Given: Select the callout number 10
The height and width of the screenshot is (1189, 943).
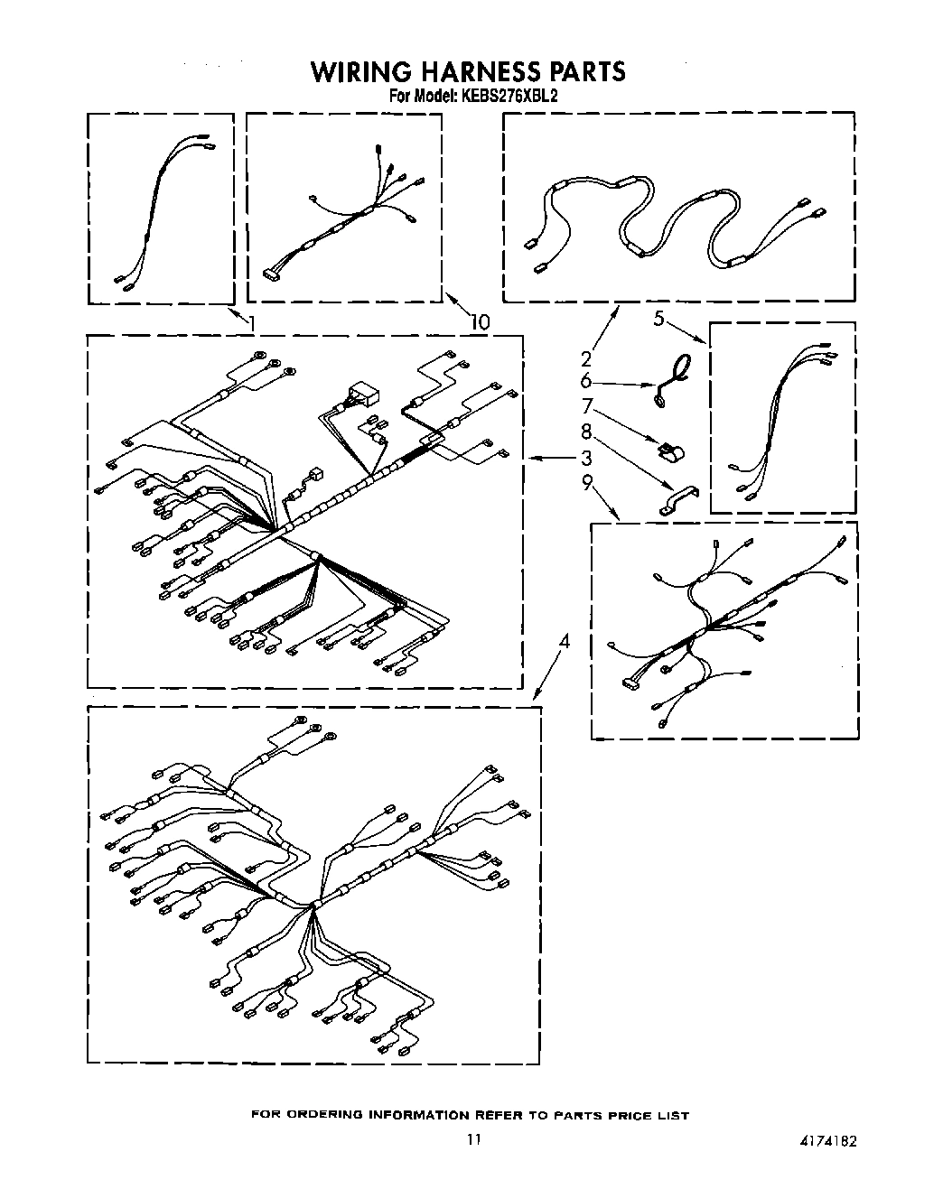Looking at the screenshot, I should coord(479,321).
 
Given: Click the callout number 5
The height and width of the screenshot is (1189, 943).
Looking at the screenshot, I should coord(659,318).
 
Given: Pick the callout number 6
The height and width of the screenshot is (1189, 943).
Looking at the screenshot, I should coord(585,381).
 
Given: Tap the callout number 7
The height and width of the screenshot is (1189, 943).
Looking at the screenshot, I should coord(585,406).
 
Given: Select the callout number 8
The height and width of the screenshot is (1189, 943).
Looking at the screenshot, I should coord(585,432).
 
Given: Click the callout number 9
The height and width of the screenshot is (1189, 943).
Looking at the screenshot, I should coord(585,483).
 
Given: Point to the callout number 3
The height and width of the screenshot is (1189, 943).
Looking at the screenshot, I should coord(585,457).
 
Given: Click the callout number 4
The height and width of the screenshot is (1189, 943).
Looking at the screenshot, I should coord(565,642).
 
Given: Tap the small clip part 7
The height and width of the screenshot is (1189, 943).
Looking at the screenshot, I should coord(669,449).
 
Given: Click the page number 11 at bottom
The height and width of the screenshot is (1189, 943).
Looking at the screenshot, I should coord(473,1140).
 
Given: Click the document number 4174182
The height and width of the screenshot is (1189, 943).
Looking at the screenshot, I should coord(827,1140).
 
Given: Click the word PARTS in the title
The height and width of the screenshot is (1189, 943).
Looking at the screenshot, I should coord(586,71).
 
